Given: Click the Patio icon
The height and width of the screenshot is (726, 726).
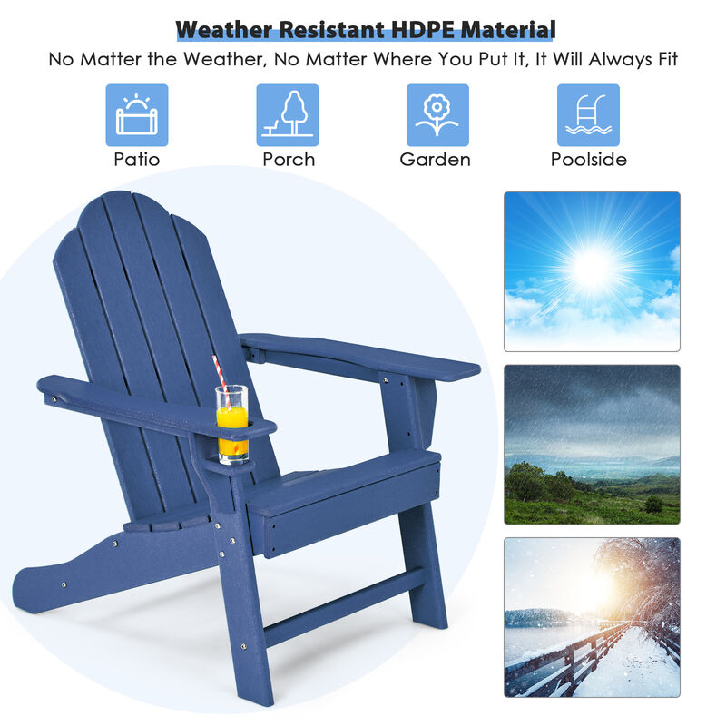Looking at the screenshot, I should click(137, 115).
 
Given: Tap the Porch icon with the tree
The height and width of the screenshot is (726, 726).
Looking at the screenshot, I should click(287, 115).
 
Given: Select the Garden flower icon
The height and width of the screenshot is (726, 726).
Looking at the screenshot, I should click(437, 115).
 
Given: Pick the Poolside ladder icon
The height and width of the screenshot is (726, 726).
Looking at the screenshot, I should click(588, 115).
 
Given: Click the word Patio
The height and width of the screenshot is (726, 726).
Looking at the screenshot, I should click(137, 160).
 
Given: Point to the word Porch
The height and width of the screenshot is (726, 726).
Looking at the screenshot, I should click(289, 160).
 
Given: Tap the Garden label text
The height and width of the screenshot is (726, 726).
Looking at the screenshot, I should click(436, 160).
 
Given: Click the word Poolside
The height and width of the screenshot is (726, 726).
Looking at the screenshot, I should click(588, 160).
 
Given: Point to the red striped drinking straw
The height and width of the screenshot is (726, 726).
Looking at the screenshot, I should click(219, 371).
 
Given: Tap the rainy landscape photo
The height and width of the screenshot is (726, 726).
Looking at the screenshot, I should click(592, 444).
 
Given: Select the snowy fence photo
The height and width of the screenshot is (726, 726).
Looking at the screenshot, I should click(592, 617).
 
